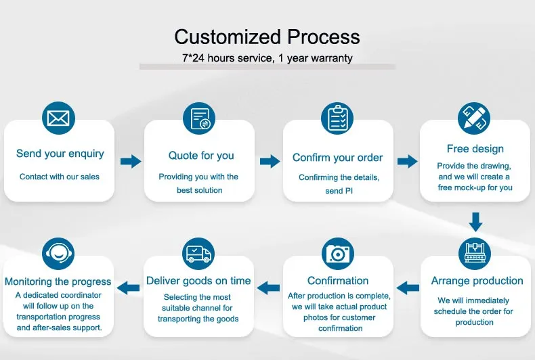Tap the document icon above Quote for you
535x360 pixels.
coord(199,120)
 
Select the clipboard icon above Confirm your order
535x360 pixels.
coord(338,118)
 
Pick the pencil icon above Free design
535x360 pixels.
coord(474,118)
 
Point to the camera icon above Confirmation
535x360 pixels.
coord(337,254)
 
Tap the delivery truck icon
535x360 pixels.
coord(199,254)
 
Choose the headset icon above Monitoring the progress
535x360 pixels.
coord(58,254)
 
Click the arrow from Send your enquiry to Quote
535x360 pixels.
coord(131,161)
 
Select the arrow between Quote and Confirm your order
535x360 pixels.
coord(270,161)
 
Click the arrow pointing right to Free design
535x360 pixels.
coord(408,161)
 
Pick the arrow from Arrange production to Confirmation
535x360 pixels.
coord(408,288)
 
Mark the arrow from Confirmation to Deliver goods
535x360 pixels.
coord(270,288)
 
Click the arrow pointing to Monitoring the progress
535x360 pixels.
coord(129,288)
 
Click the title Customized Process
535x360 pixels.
coord(267,36)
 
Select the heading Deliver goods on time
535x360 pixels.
coord(198,281)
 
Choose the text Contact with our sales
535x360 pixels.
coord(60,177)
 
